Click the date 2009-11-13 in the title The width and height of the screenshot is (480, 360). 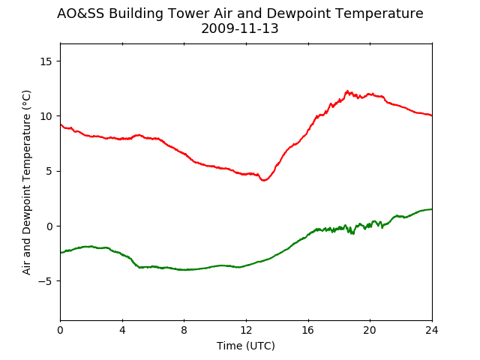[240, 28]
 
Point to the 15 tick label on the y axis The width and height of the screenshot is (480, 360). [46, 61]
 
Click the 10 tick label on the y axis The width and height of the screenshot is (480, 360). [46, 116]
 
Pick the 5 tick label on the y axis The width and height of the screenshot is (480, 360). [49, 171]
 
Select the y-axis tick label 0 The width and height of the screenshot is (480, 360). [49, 226]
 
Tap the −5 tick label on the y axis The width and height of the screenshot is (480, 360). [45, 281]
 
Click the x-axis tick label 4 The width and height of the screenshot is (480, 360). [122, 330]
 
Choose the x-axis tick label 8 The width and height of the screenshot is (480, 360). [184, 330]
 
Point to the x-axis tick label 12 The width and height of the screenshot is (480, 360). [246, 330]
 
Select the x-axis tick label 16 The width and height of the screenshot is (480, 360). [308, 330]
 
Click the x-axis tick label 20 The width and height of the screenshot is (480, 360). [370, 330]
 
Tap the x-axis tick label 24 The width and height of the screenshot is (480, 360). [432, 330]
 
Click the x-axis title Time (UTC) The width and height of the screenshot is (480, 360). [246, 346]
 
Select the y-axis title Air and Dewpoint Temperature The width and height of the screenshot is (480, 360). [27, 182]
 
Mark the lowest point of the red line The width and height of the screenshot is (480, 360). [264, 180]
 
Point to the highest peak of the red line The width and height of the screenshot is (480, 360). [347, 91]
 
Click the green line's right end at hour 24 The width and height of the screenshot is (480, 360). [432, 209]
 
